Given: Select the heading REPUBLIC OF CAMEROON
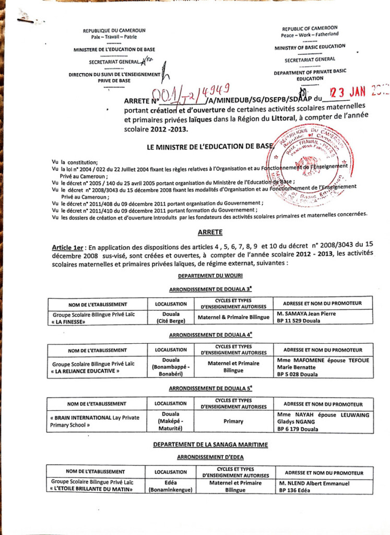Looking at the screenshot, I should pyautogui.click(x=310, y=28).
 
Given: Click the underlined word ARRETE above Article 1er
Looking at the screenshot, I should pyautogui.click(x=210, y=231).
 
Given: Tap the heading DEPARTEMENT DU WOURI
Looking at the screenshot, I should pyautogui.click(x=210, y=275).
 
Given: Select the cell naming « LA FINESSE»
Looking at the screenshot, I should pyautogui.click(x=98, y=318).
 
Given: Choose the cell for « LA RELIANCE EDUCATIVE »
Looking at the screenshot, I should pyautogui.click(x=98, y=367).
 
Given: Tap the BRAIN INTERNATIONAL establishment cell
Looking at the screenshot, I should pyautogui.click(x=98, y=421).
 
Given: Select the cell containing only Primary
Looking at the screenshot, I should pyautogui.click(x=233, y=421).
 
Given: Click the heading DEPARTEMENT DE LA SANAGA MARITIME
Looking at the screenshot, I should pyautogui.click(x=210, y=445).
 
